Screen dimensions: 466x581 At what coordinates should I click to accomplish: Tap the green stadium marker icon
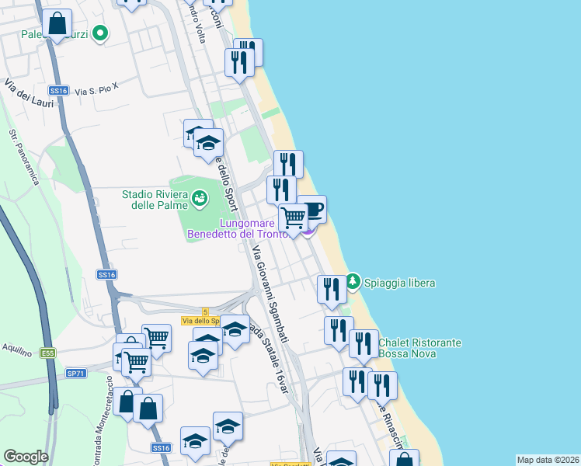tap(201, 200)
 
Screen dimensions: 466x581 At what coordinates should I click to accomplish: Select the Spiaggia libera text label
tap(400, 283)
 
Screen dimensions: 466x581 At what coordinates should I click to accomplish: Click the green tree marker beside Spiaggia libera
tap(353, 280)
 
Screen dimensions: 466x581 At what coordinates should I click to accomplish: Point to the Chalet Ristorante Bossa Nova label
tap(420, 348)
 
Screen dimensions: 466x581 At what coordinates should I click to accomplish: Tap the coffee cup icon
tap(312, 210)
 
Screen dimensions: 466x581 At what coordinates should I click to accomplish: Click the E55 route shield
tap(48, 353)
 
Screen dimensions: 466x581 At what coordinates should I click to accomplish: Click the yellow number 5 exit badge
tap(205, 311)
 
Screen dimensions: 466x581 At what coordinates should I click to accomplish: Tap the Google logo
tap(26, 456)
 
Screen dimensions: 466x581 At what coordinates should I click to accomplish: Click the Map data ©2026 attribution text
tap(548, 460)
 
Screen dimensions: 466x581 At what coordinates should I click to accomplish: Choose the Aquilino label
tap(16, 350)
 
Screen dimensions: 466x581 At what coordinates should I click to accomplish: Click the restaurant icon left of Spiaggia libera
tap(332, 290)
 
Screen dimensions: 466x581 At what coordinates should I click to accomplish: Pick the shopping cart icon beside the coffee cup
tap(293, 217)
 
